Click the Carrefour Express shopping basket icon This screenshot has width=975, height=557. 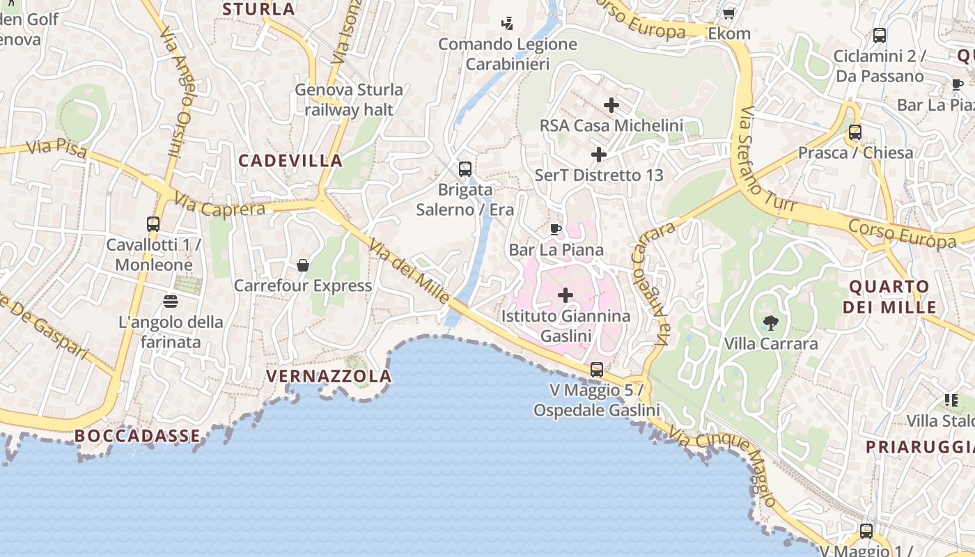[x=303, y=265]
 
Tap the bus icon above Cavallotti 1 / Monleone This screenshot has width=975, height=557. [x=153, y=224]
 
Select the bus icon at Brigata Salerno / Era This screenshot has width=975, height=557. [x=465, y=169]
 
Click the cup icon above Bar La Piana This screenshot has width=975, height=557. [x=555, y=229]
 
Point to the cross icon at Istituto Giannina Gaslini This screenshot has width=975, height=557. [x=565, y=295]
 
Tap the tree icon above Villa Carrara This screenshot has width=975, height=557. [x=770, y=322]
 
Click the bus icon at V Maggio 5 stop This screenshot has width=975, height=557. [x=597, y=370]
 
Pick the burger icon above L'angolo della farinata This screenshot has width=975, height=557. [x=171, y=301]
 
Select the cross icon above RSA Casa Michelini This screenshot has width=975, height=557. [x=611, y=105]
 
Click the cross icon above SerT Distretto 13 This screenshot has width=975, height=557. [x=599, y=154]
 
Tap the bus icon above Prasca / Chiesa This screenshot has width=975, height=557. [x=855, y=132]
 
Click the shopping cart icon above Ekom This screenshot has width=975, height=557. [x=728, y=13]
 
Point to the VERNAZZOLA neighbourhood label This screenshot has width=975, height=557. [x=329, y=377]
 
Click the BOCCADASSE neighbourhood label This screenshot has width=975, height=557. [x=137, y=436]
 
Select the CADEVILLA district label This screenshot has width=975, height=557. [x=290, y=161]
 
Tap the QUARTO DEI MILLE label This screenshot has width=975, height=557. [x=889, y=297]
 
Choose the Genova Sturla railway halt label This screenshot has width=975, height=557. [x=349, y=100]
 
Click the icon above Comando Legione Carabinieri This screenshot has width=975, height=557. [x=507, y=23]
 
